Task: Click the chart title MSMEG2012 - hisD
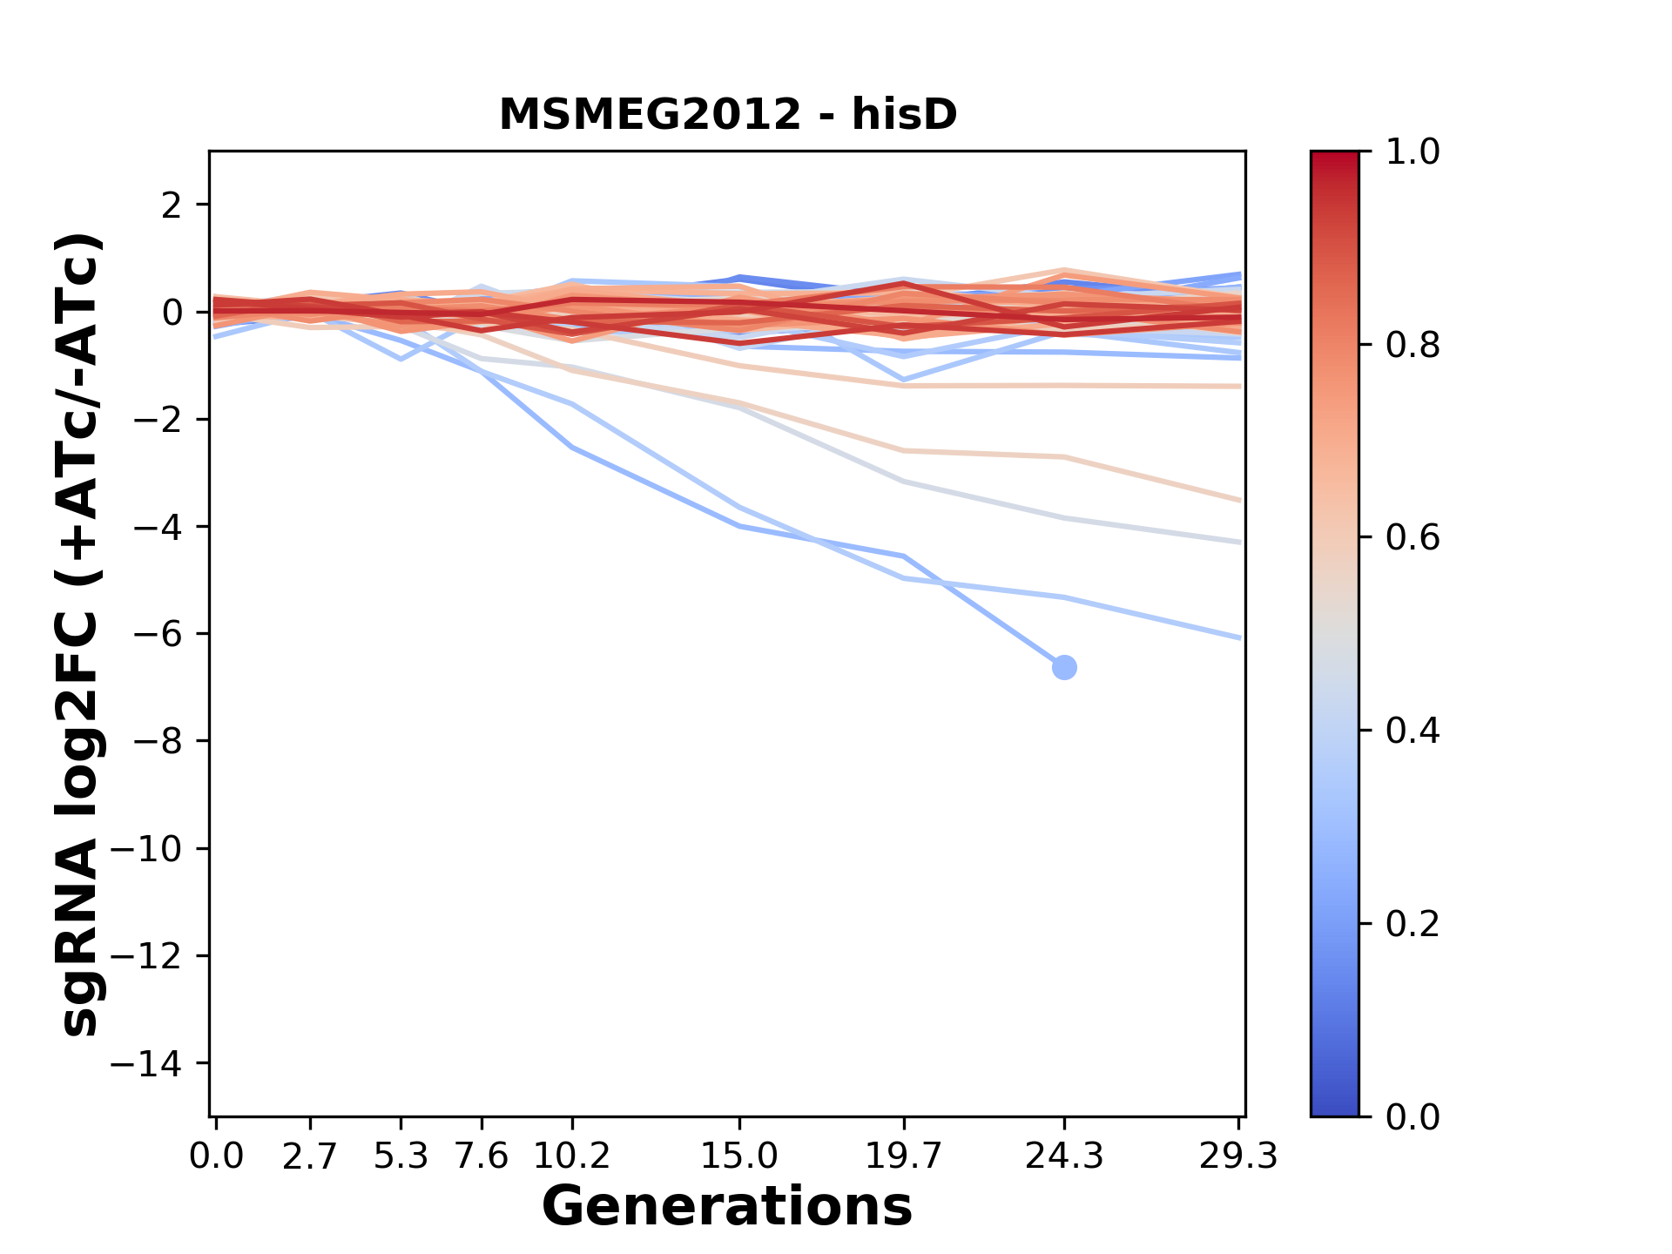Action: [728, 115]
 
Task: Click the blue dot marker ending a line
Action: [1064, 668]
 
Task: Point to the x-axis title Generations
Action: [727, 1207]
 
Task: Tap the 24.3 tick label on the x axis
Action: [1064, 1156]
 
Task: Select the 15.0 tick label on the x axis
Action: [739, 1156]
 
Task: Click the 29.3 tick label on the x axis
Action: [1238, 1156]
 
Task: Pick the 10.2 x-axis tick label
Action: [571, 1156]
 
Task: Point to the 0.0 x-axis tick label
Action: [217, 1156]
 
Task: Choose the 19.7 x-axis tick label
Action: [904, 1156]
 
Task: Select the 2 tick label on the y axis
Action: [172, 205]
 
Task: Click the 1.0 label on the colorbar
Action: [1412, 152]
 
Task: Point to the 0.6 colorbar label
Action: [1412, 538]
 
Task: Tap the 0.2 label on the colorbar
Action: [1412, 924]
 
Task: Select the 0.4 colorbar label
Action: [1412, 731]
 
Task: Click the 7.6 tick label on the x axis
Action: [482, 1156]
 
